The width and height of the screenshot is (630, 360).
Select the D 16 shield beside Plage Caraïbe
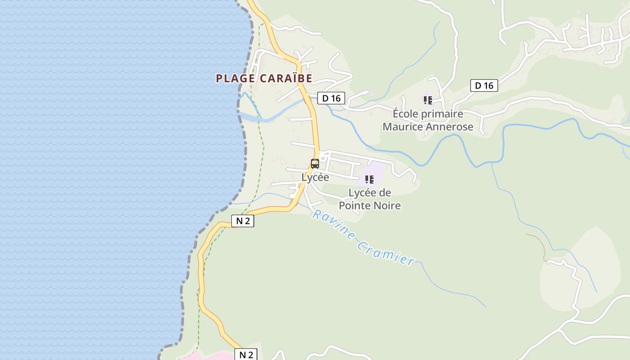(331, 98)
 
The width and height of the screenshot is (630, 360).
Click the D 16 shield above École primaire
(484, 85)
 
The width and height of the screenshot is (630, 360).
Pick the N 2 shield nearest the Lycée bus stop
(243, 221)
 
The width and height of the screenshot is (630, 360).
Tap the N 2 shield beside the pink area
(246, 355)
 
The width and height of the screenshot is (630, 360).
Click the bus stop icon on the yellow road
(315, 164)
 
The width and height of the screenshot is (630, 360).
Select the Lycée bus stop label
(315, 177)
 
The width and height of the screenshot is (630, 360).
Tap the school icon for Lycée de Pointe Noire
(369, 180)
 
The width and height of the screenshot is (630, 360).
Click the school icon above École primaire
(427, 100)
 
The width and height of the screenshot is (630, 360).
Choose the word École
(405, 113)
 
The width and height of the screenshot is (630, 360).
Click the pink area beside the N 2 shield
(211, 356)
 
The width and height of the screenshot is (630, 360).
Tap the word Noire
(387, 206)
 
